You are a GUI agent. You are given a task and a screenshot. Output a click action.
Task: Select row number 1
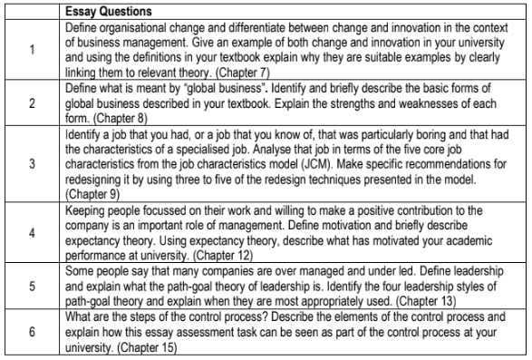[34, 51]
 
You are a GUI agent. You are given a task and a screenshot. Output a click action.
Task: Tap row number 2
[34, 104]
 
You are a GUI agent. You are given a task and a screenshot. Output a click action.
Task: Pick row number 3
[34, 165]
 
